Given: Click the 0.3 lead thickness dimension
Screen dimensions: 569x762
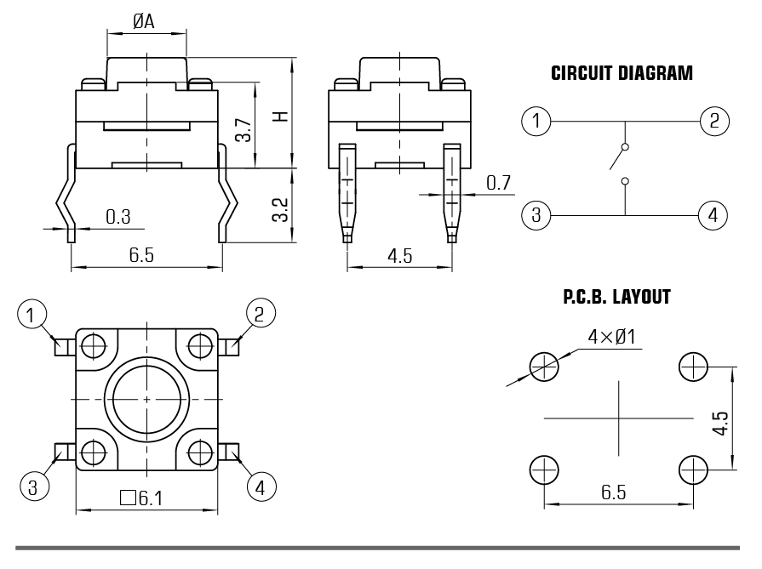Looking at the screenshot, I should point(118,217).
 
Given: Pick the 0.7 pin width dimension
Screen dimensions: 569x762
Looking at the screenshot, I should point(498,182).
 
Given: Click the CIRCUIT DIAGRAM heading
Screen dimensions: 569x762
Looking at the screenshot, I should point(622,73).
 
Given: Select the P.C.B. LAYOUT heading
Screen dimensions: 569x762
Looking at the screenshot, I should point(616,298).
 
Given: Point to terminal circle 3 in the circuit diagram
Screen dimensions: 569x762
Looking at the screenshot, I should point(536,214).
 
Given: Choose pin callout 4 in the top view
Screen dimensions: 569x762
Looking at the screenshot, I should point(261,486).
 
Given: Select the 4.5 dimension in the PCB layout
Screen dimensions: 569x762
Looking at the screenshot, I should point(719,423).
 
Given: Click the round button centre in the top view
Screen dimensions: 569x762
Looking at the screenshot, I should point(146,398).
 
